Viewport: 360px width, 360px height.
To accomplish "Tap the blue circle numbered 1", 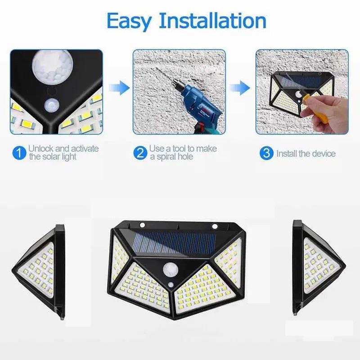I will point(19,153).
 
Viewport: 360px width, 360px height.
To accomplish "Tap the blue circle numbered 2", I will point(140,153).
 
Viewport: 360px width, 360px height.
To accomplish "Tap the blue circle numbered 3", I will point(266,153).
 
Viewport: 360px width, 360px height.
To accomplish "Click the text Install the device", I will point(306,153).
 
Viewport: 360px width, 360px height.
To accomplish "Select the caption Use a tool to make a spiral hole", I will point(183,153).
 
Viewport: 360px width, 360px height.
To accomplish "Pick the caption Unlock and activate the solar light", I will point(63,153).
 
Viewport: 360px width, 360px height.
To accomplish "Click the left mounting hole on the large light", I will point(142,225).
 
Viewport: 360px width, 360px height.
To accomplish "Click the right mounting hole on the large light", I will point(215,225).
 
